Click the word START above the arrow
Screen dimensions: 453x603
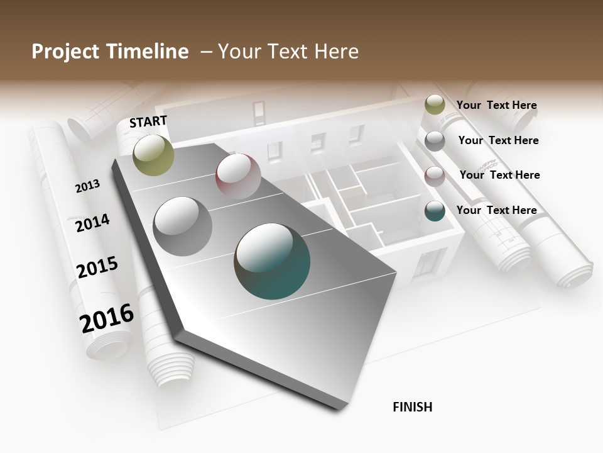(x=148, y=121)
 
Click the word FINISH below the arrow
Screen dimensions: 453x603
(x=413, y=407)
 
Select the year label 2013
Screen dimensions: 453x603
(x=87, y=186)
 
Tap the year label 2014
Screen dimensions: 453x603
(x=92, y=223)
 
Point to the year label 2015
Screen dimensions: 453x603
(x=97, y=267)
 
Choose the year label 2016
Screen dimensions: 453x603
(x=107, y=318)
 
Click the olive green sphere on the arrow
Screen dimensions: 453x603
(x=154, y=155)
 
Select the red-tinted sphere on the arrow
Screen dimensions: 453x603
(x=238, y=176)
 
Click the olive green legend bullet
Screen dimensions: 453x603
(x=435, y=104)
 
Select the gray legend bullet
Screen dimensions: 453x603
(x=435, y=141)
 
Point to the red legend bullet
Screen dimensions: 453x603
(x=435, y=176)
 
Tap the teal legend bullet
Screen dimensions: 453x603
(x=435, y=211)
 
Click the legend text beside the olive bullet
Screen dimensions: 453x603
(x=497, y=105)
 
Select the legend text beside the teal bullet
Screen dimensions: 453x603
(x=497, y=210)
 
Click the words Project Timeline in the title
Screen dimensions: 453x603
(x=110, y=52)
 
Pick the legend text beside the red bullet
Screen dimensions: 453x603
(x=500, y=175)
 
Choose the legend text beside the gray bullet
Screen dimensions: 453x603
(x=499, y=140)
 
